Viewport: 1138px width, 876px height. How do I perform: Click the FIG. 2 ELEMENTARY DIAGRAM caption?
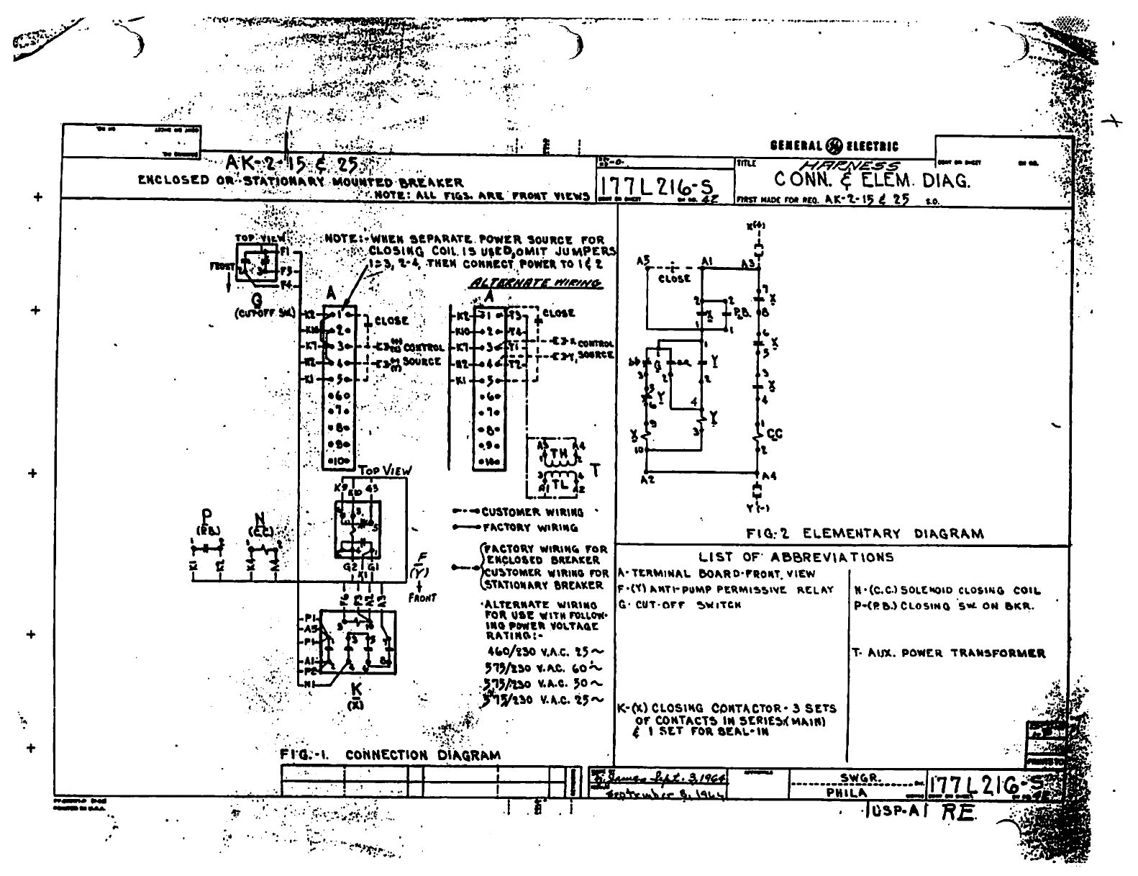point(864,533)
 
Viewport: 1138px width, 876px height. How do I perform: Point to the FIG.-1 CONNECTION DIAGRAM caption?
point(390,755)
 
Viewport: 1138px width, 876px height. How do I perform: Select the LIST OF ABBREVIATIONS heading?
point(796,557)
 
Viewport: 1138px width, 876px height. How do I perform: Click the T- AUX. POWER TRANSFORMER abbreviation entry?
point(948,653)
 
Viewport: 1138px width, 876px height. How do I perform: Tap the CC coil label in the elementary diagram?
point(774,434)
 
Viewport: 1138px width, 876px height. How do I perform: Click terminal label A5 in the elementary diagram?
point(643,260)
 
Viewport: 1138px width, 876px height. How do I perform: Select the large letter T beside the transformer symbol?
point(594,470)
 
